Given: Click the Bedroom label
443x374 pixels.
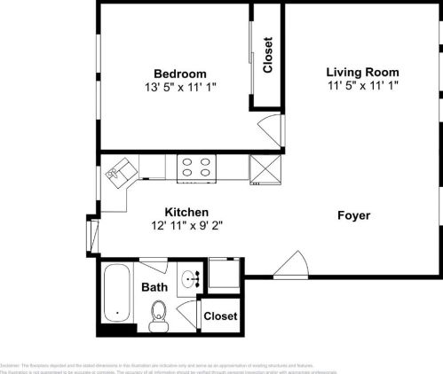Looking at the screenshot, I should coord(179,74).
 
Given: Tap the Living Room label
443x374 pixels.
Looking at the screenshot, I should coord(362,72).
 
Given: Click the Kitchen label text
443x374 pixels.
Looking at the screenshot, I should coord(186,213).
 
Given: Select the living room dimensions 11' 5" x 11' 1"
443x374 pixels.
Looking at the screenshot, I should coord(362,85).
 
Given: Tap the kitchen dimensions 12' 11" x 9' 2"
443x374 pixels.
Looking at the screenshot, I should coord(186,226).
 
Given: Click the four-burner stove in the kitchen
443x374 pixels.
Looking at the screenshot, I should coord(197,168).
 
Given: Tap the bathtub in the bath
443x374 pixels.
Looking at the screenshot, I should coord(116,295).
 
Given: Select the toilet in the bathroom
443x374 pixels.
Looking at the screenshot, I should coord(159,313).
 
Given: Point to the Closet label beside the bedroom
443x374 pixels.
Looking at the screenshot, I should coord(267,54).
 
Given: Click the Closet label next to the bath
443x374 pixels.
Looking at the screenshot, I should coord(220,316).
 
